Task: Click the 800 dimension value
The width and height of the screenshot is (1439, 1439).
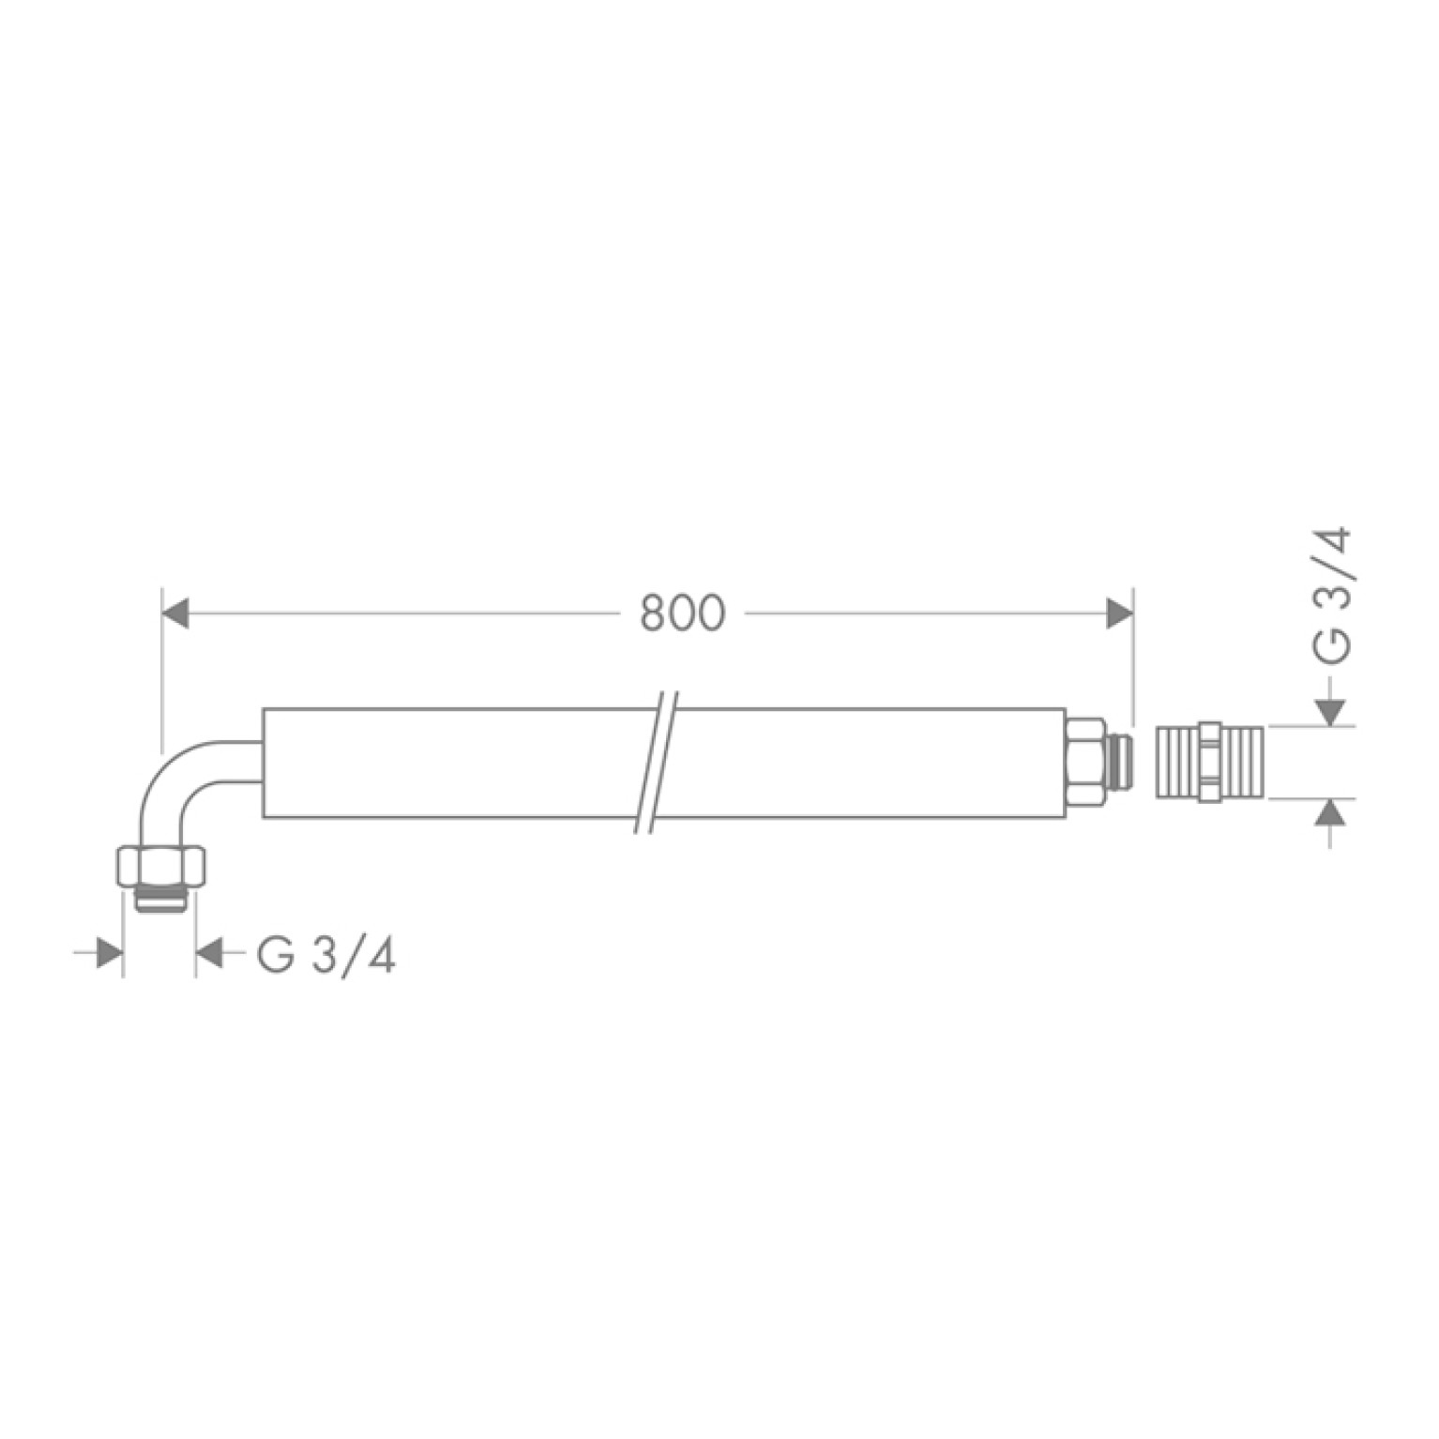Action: click(682, 613)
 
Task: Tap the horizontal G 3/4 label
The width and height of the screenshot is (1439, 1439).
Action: click(326, 956)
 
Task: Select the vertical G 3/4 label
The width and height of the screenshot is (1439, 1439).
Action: click(1333, 597)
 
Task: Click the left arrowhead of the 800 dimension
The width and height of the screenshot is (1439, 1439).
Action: click(175, 613)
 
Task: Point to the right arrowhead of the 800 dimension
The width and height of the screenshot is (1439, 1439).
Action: click(1120, 613)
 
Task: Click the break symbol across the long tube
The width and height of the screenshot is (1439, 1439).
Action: click(654, 762)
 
